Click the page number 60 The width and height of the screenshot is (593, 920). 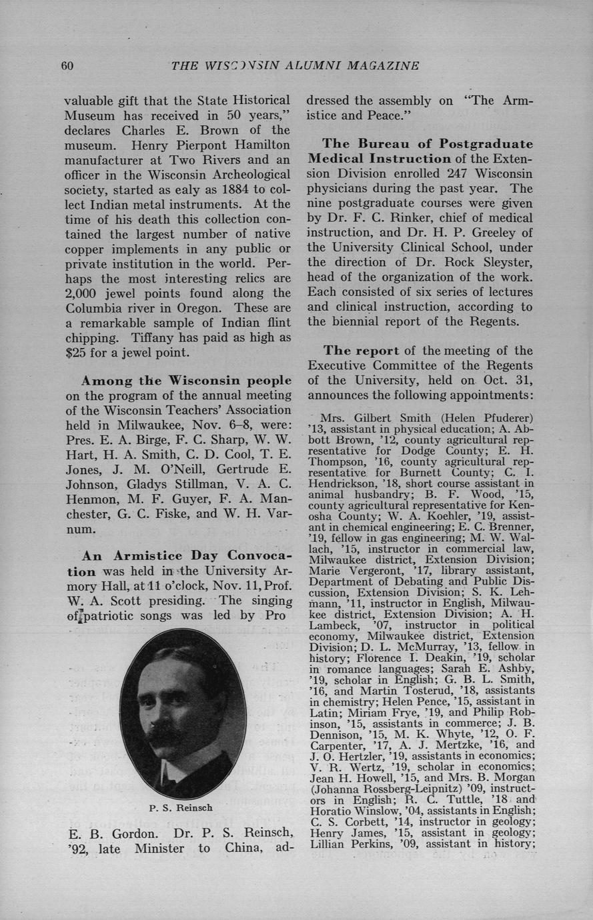[x=67, y=65]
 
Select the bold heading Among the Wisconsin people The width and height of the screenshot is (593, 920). [x=186, y=381]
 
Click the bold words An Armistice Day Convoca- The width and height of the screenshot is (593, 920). [x=187, y=555]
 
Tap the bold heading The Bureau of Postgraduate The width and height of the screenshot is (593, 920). [x=428, y=143]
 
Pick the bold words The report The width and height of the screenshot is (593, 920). [x=361, y=351]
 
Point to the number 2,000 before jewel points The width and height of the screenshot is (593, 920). [x=81, y=293]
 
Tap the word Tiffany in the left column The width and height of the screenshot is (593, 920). [x=153, y=337]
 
